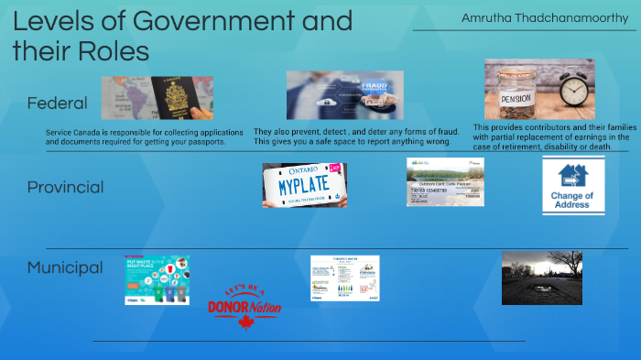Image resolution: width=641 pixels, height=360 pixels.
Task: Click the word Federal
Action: point(57,103)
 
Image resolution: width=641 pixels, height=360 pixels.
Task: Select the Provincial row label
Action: point(65,187)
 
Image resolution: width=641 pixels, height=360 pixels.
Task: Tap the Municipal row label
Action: point(65,267)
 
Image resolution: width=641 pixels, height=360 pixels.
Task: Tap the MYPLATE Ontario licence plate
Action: point(302,185)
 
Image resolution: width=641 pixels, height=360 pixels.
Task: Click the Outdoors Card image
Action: point(445,181)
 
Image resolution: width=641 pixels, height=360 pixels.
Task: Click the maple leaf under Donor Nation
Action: point(244,322)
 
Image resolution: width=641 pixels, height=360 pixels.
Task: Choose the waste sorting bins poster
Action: point(158,279)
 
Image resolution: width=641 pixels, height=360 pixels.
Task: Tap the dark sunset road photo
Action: point(541,278)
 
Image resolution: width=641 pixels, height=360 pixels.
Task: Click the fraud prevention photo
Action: point(343,95)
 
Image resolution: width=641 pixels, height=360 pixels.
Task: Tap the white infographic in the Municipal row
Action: point(343,278)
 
